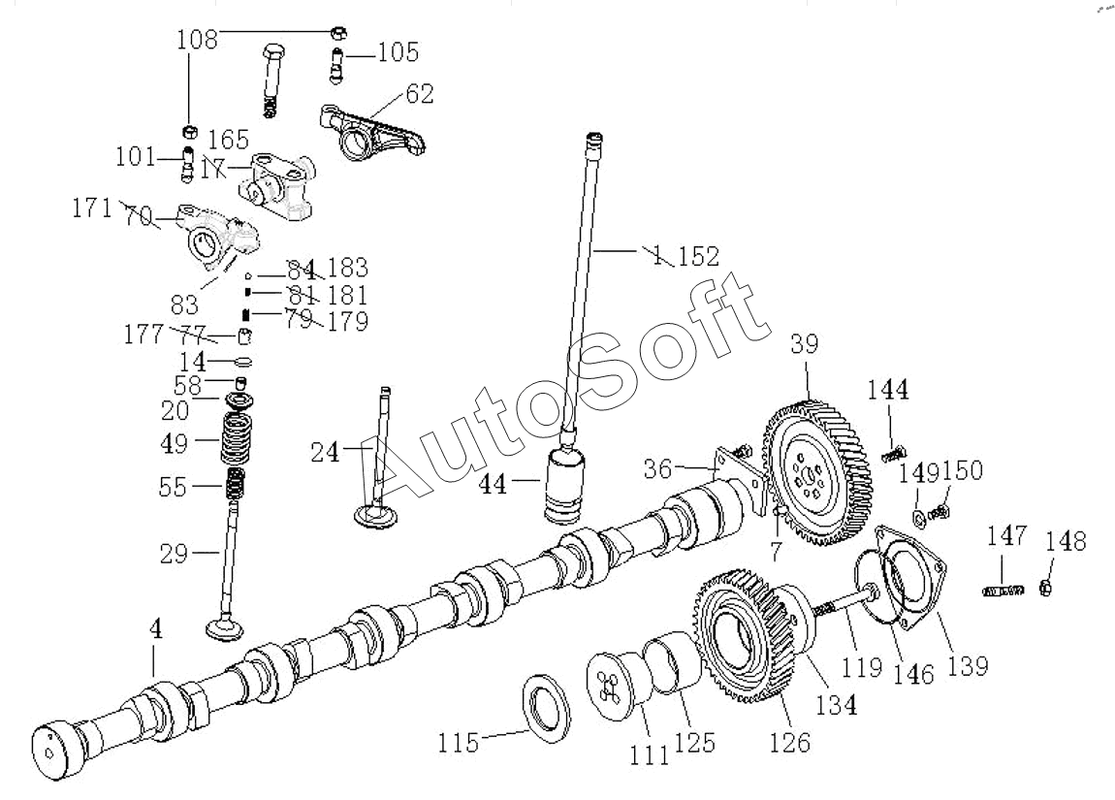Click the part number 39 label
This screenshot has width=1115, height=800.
point(804,345)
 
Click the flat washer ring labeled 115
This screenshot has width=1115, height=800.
point(547,707)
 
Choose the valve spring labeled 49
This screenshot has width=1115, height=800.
point(235,439)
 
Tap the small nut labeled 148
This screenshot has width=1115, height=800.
point(1046,587)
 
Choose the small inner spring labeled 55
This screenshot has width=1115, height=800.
point(236,483)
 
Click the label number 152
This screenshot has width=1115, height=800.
point(698,257)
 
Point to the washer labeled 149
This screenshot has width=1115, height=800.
point(917,510)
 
